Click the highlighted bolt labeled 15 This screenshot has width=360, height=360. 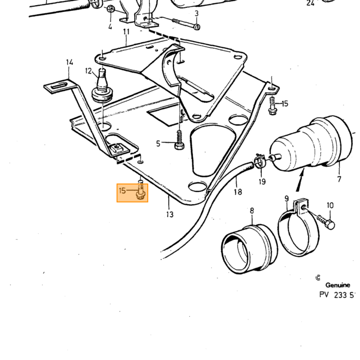click(x=140, y=193)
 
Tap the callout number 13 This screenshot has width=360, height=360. click(x=170, y=214)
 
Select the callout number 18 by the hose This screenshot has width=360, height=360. click(x=238, y=192)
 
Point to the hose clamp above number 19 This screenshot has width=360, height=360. click(x=259, y=160)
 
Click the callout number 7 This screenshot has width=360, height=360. click(x=339, y=179)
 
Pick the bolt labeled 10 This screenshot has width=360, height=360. click(x=326, y=222)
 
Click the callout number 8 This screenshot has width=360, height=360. click(x=252, y=210)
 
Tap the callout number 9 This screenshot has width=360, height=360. click(x=286, y=199)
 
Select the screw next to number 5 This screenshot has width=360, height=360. click(x=179, y=140)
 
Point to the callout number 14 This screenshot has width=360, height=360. click(x=69, y=62)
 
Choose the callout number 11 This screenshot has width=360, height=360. click(x=127, y=31)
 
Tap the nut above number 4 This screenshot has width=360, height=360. click(x=112, y=9)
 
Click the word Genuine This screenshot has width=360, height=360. click(x=337, y=285)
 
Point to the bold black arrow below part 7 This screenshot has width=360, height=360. click(x=300, y=179)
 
